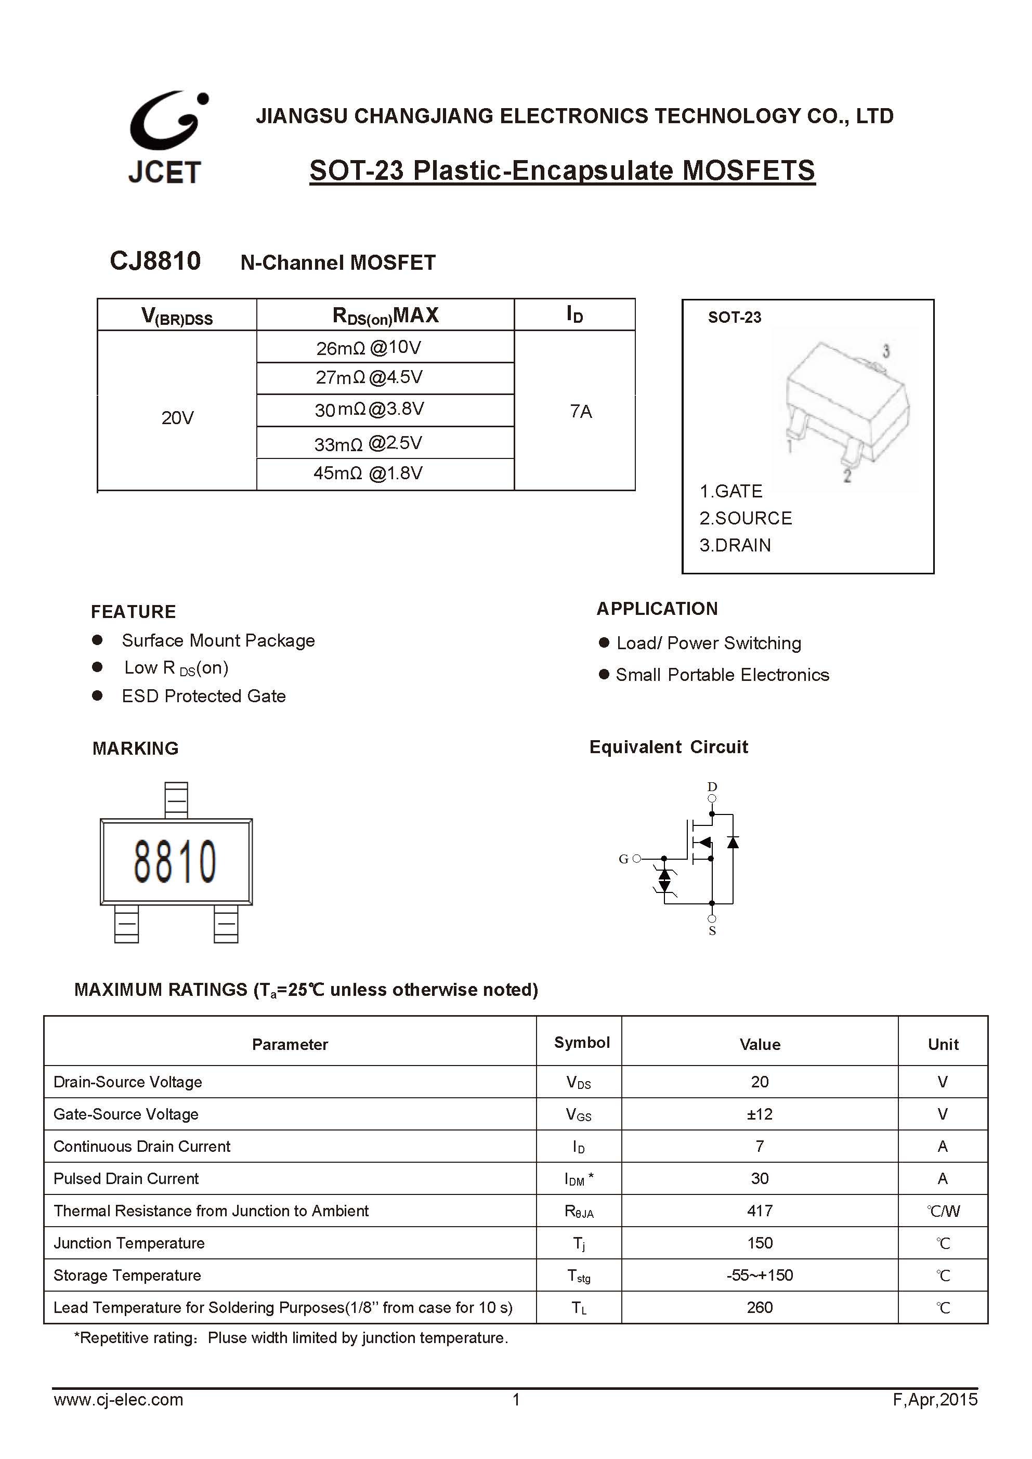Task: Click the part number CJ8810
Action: click(155, 261)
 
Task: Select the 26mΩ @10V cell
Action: click(369, 348)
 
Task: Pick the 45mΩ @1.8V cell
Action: click(368, 474)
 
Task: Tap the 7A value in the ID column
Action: click(581, 412)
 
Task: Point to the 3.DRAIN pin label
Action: click(735, 545)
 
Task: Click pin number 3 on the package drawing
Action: click(886, 351)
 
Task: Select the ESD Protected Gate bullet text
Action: click(203, 696)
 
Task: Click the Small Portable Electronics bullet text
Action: click(722, 675)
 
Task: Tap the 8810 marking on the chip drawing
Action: click(175, 862)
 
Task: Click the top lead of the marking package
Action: click(176, 799)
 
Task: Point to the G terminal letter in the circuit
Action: click(623, 859)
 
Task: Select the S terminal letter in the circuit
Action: click(712, 931)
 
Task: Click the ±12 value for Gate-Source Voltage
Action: click(760, 1114)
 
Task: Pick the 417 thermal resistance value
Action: click(760, 1211)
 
